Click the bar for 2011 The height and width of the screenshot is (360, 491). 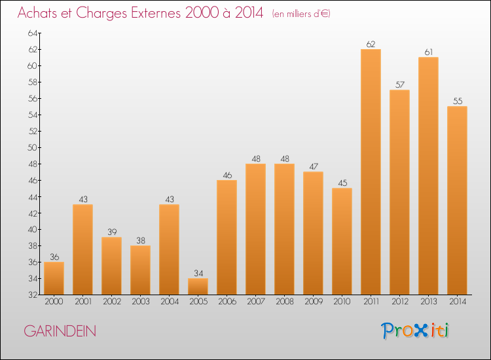(x=371, y=171)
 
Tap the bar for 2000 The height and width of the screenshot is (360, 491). (x=54, y=278)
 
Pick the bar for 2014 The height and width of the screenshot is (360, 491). (x=457, y=200)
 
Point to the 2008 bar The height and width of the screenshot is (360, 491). (x=284, y=229)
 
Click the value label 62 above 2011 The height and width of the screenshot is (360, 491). (x=371, y=45)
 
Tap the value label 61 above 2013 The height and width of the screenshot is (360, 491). (x=428, y=52)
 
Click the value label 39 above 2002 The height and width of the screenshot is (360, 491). (x=111, y=232)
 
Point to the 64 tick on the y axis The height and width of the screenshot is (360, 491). (x=33, y=33)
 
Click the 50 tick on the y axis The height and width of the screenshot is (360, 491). (x=33, y=147)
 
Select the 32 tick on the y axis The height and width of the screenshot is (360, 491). (x=33, y=295)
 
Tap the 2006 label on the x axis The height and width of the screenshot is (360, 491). (x=227, y=302)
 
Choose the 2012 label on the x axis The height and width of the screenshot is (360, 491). (x=399, y=302)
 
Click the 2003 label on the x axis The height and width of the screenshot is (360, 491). (x=140, y=302)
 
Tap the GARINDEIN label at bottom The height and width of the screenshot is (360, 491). (x=60, y=331)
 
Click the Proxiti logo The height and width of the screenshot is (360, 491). (x=416, y=330)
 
